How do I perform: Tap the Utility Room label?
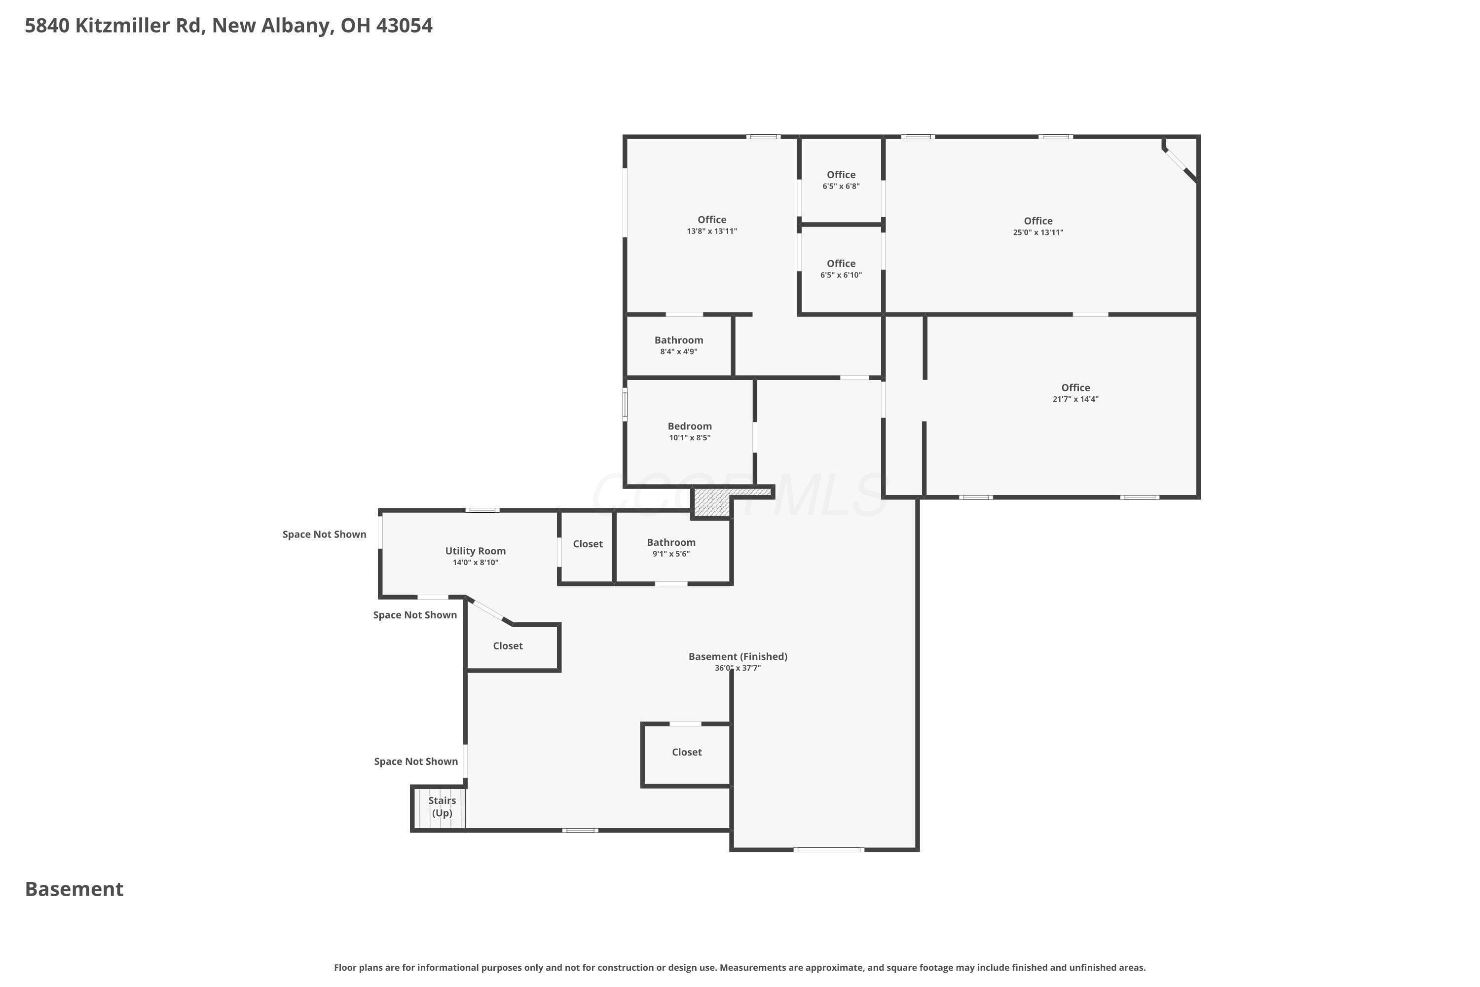pos(475,551)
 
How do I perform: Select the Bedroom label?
pos(690,426)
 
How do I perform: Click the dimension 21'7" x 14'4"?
pos(1075,399)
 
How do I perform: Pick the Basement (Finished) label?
pos(738,656)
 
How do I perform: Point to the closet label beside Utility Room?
pos(588,544)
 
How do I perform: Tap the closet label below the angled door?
pos(508,646)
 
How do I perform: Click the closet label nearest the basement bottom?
pos(687,752)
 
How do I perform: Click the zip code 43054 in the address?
pos(404,26)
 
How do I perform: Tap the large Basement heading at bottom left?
pos(74,889)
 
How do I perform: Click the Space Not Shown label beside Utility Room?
pos(324,534)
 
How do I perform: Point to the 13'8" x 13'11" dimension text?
pos(712,231)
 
